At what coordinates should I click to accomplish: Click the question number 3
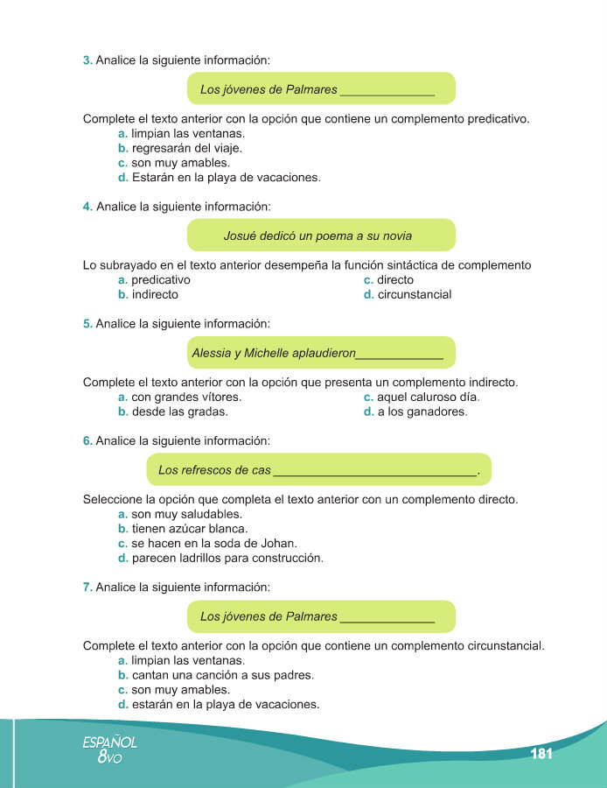[87, 60]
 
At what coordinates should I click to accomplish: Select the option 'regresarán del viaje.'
[181, 148]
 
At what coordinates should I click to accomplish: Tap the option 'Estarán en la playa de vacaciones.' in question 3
[226, 177]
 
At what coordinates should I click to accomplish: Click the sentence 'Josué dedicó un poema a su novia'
[317, 236]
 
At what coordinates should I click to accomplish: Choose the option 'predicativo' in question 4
[161, 279]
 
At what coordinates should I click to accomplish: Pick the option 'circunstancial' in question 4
[415, 294]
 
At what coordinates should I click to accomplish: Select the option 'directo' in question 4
[395, 279]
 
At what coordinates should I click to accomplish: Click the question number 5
[87, 324]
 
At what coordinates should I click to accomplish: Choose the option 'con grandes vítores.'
[186, 397]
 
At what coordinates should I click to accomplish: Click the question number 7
[87, 587]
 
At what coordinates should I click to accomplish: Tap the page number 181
[541, 754]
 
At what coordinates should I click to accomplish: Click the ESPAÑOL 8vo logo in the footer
[109, 750]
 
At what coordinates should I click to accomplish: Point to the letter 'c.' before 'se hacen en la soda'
[122, 544]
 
